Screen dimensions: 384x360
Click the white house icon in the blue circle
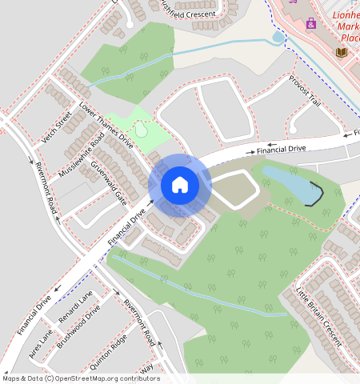(x=180, y=185)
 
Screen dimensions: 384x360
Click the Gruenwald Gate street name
(x=108, y=183)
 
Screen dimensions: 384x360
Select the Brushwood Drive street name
(x=78, y=322)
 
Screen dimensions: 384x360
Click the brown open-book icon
(x=341, y=53)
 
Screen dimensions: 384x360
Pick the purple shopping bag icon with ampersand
(x=311, y=23)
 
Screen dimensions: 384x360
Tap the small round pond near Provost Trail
(x=278, y=37)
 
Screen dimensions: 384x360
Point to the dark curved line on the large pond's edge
(x=317, y=194)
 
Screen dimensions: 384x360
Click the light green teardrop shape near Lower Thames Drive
(x=142, y=128)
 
